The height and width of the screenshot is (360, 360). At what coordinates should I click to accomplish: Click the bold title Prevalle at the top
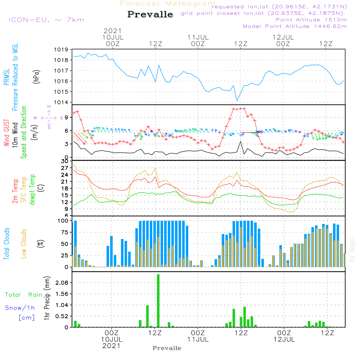[x=150, y=14]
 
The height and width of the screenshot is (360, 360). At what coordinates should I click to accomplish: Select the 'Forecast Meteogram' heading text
[x=168, y=4]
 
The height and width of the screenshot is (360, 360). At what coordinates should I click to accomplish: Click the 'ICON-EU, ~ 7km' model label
[x=46, y=20]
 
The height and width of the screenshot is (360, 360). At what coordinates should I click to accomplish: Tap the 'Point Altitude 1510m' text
[x=311, y=20]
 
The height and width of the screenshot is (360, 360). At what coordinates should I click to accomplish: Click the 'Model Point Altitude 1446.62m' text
[x=295, y=26]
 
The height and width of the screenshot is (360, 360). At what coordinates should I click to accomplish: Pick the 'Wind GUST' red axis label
[x=6, y=134]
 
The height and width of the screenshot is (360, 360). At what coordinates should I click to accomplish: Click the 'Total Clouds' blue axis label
[x=6, y=244]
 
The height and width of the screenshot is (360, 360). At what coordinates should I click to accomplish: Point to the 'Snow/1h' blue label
[x=20, y=308]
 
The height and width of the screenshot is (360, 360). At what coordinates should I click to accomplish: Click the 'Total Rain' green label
[x=23, y=294]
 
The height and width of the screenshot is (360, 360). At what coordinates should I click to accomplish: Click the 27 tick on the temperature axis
[x=65, y=168]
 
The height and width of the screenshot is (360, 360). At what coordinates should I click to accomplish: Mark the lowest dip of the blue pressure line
[x=237, y=101]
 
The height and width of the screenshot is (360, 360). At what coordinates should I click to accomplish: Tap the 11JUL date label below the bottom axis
[x=198, y=339]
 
